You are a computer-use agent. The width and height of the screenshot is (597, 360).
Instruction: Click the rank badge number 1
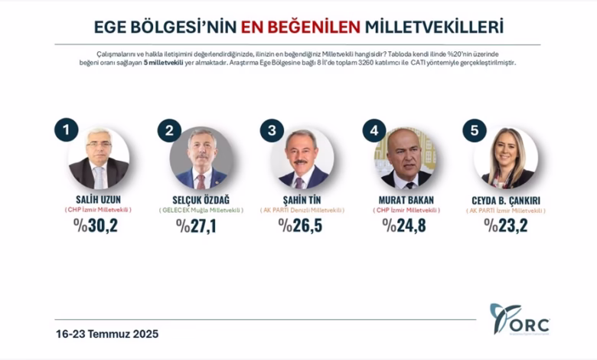(x=67, y=130)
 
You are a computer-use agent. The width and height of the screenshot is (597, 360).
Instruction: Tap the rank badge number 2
(x=169, y=130)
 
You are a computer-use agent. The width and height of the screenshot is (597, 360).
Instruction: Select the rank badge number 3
(x=271, y=130)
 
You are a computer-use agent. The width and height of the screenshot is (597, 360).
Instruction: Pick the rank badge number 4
(x=374, y=130)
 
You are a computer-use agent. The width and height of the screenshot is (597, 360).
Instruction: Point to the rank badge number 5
(x=475, y=130)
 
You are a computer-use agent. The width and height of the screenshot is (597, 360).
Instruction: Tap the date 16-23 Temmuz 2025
(x=106, y=334)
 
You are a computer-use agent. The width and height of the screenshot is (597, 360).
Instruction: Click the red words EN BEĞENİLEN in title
(x=301, y=27)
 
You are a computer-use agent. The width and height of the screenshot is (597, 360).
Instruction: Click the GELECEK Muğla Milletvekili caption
(x=201, y=209)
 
